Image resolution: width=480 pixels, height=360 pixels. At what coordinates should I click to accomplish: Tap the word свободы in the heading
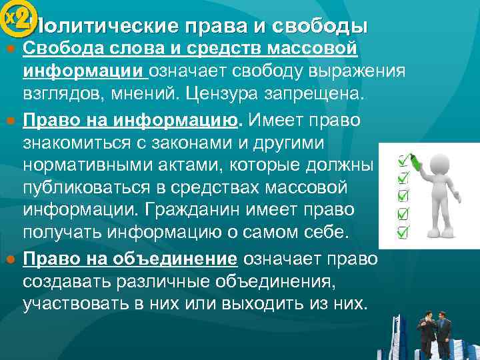(x=329, y=27)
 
